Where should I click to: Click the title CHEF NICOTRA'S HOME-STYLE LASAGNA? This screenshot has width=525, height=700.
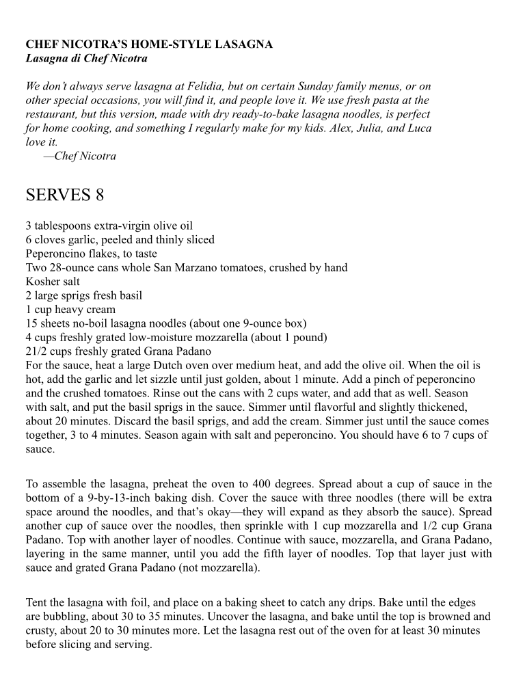(x=149, y=44)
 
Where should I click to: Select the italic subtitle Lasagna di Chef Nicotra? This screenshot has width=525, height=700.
(x=86, y=58)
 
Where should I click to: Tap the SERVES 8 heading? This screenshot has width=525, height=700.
(x=65, y=196)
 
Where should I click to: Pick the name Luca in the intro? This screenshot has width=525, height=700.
(x=418, y=128)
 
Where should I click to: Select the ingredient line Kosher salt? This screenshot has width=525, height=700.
(x=53, y=281)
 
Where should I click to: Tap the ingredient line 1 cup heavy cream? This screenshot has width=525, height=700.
(x=70, y=309)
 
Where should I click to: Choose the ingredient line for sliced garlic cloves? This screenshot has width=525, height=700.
(x=120, y=239)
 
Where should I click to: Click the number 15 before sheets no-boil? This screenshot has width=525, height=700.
(x=31, y=323)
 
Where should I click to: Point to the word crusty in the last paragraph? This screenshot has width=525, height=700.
(x=41, y=630)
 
